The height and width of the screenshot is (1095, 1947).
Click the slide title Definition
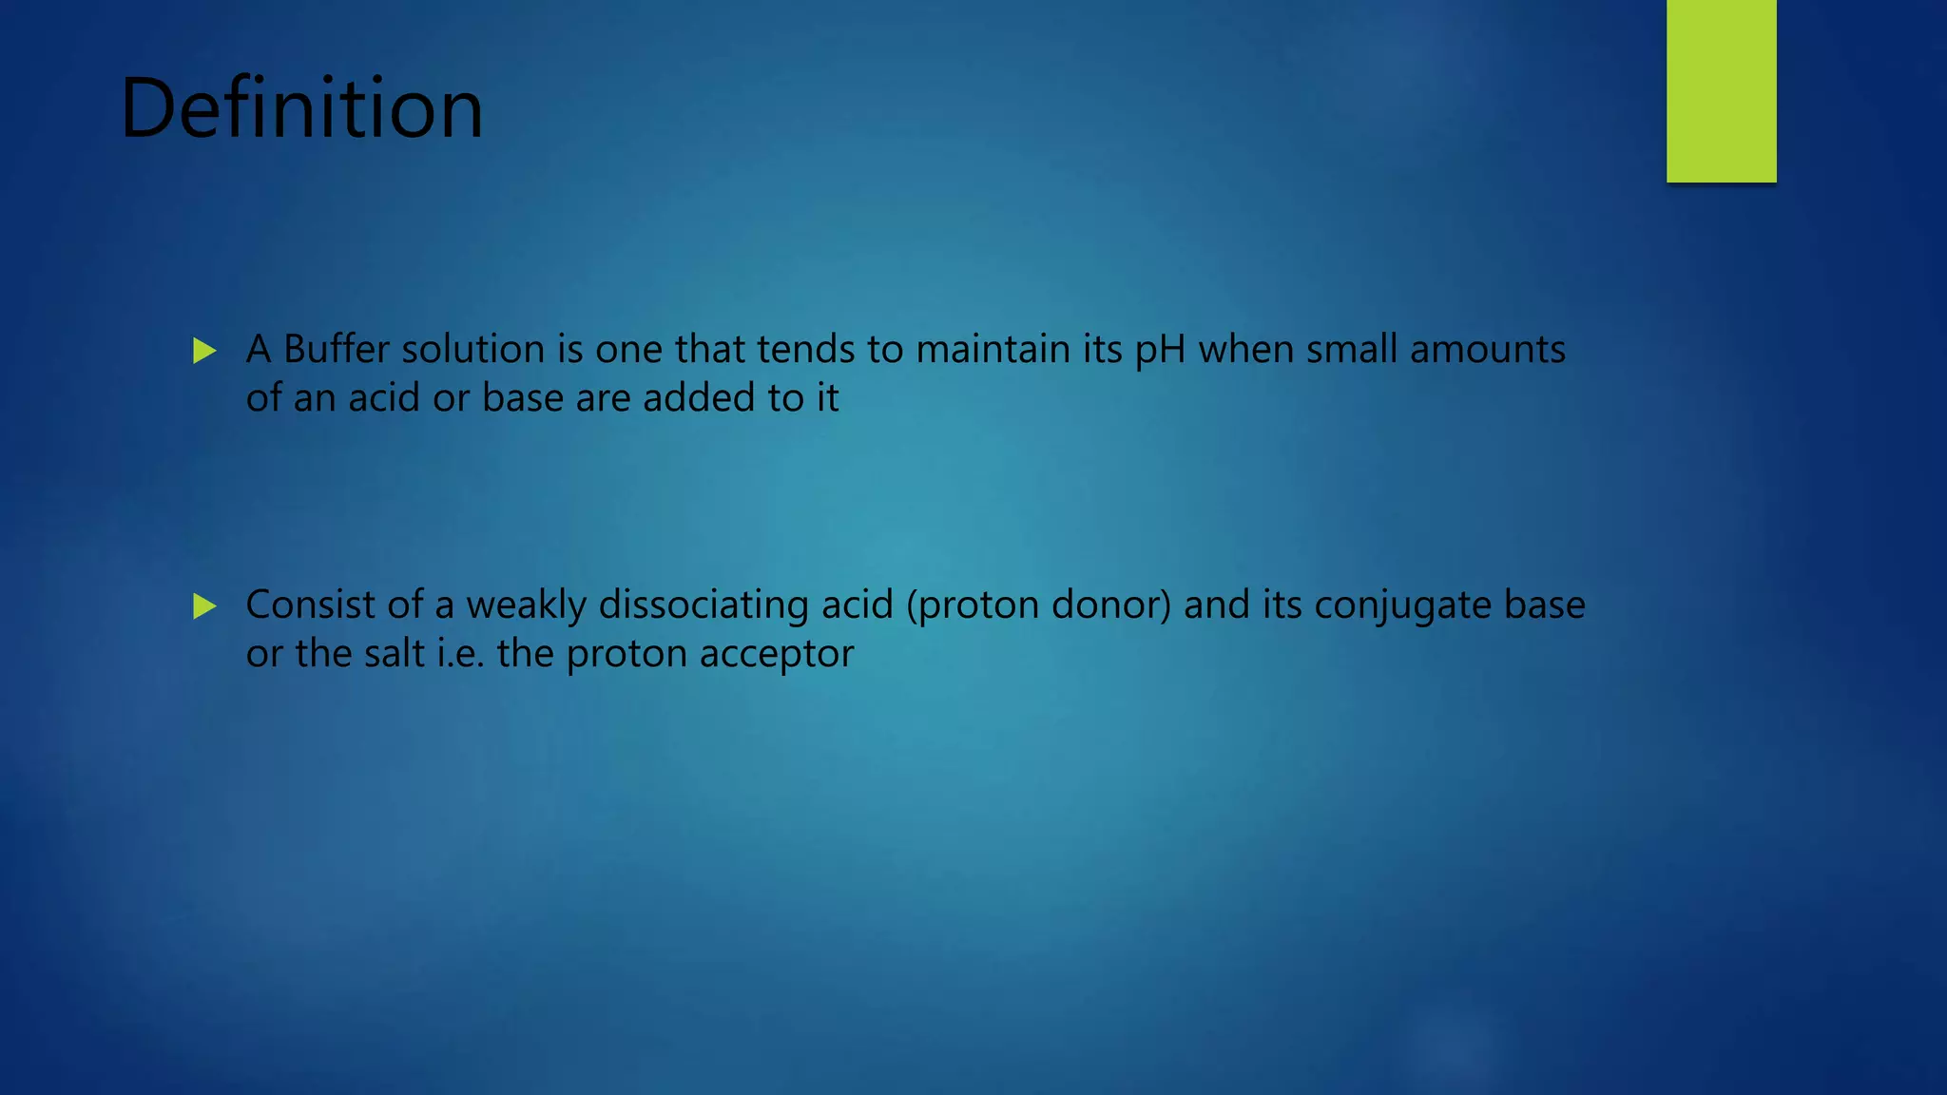(x=301, y=108)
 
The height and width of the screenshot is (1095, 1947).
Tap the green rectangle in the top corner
(x=1721, y=90)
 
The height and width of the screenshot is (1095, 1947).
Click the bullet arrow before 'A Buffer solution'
(x=204, y=351)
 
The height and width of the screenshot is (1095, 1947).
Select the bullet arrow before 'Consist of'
(x=204, y=606)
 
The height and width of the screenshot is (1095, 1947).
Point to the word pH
(x=1160, y=351)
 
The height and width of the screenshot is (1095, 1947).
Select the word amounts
(x=1487, y=349)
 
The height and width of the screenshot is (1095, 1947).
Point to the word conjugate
(x=1402, y=605)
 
